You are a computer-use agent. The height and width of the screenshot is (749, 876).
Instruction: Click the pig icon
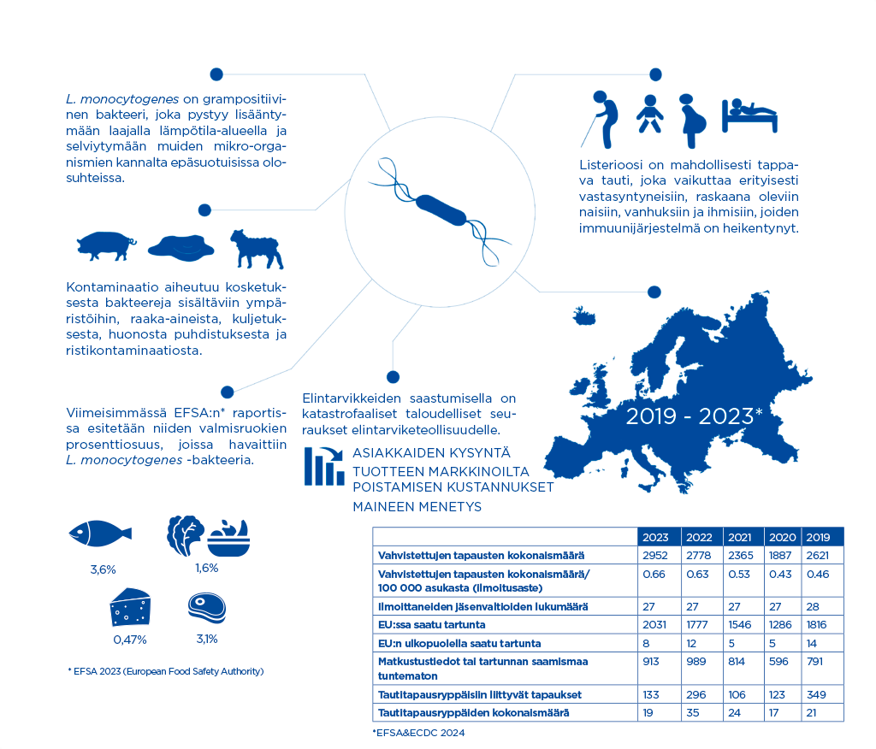point(105,246)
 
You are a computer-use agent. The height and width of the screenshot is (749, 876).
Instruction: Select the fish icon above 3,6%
point(101,534)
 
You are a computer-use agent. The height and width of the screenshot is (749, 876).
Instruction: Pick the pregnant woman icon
point(694,119)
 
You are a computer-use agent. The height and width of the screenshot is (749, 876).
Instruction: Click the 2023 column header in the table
point(655,537)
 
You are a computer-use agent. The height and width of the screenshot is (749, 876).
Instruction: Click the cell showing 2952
point(655,556)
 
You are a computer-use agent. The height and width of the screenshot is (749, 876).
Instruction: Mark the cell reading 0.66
point(655,574)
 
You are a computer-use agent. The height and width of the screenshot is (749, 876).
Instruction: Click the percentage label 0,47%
point(130,639)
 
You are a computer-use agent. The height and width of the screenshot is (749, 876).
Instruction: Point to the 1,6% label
point(206,568)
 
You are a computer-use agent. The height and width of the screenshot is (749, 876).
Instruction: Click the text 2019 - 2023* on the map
point(693,417)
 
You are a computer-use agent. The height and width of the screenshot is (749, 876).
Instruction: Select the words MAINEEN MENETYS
point(417,507)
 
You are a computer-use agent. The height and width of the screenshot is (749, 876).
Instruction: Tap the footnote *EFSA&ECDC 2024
point(418,733)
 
